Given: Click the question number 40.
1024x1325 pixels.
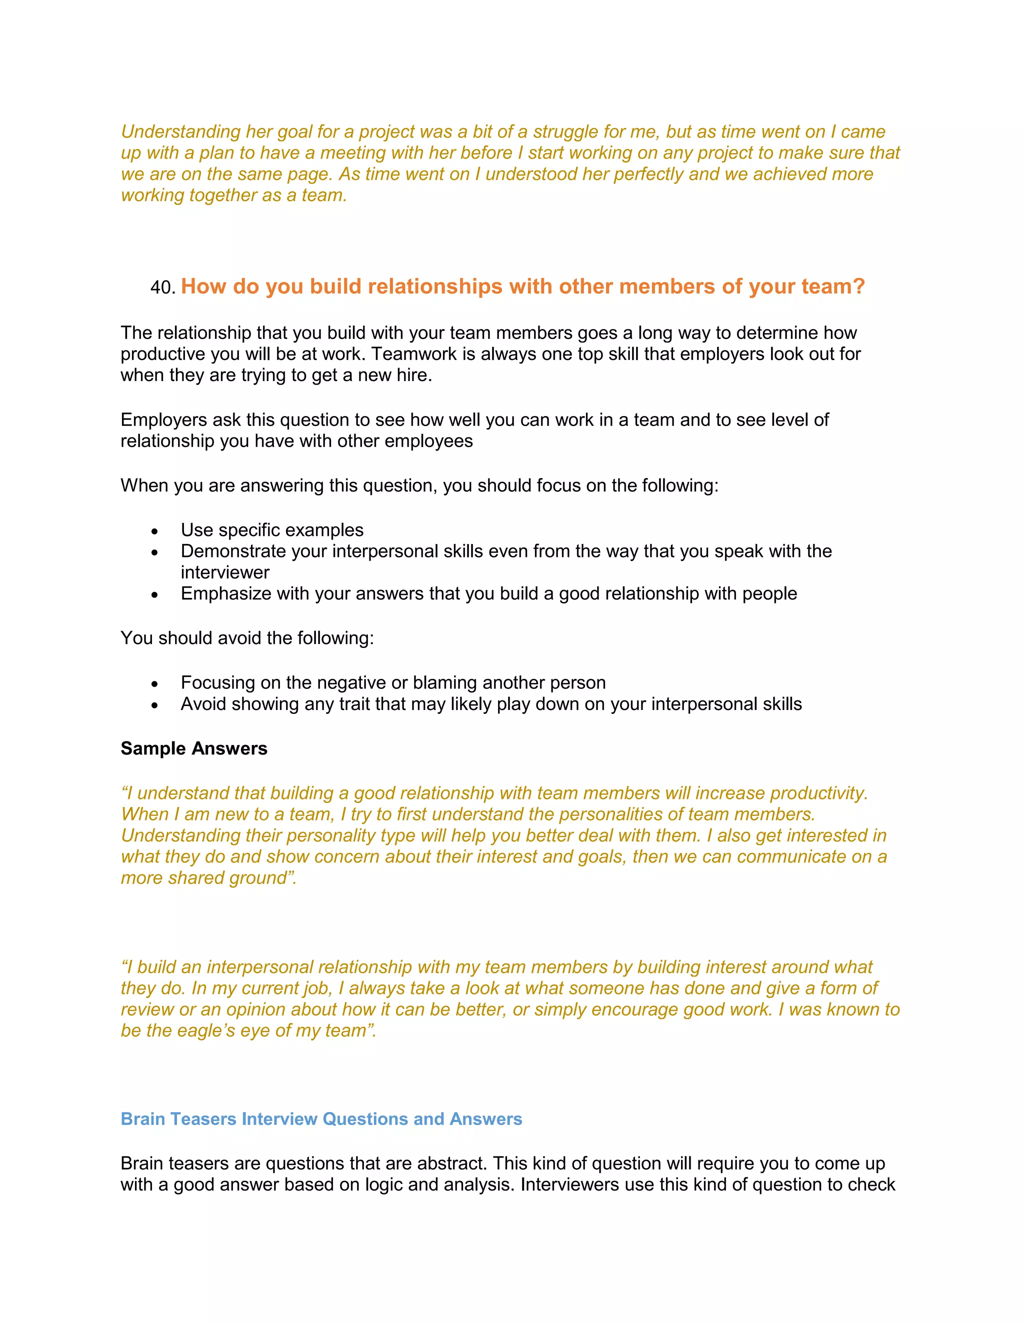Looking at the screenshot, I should pos(162,287).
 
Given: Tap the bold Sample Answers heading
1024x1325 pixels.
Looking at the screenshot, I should pos(193,748).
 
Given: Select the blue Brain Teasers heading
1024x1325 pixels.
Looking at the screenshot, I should pos(321,1118).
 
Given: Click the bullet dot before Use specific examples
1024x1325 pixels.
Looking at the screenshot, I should pos(154,531).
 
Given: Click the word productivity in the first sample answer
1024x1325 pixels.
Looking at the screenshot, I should pos(818,793).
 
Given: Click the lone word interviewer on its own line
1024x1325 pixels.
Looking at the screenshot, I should pos(225,572).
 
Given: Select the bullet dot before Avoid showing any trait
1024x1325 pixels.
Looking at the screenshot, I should pos(154,705).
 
